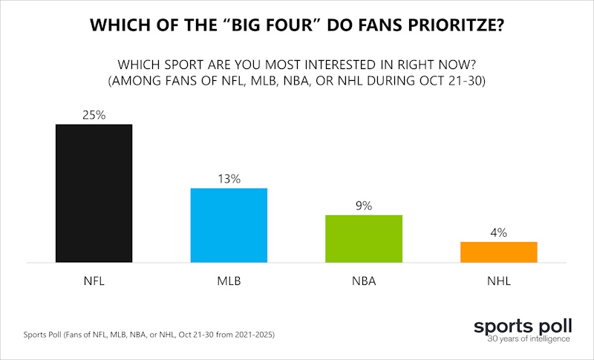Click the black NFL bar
(94, 193)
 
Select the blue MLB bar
(229, 225)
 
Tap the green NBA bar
(364, 238)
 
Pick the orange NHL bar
(498, 252)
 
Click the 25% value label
(94, 115)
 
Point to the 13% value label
(229, 179)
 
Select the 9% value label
(364, 206)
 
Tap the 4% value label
(498, 232)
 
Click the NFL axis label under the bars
(94, 282)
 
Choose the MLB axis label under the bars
(229, 282)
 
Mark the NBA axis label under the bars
(364, 282)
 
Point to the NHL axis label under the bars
(498, 282)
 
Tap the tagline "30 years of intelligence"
(529, 339)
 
